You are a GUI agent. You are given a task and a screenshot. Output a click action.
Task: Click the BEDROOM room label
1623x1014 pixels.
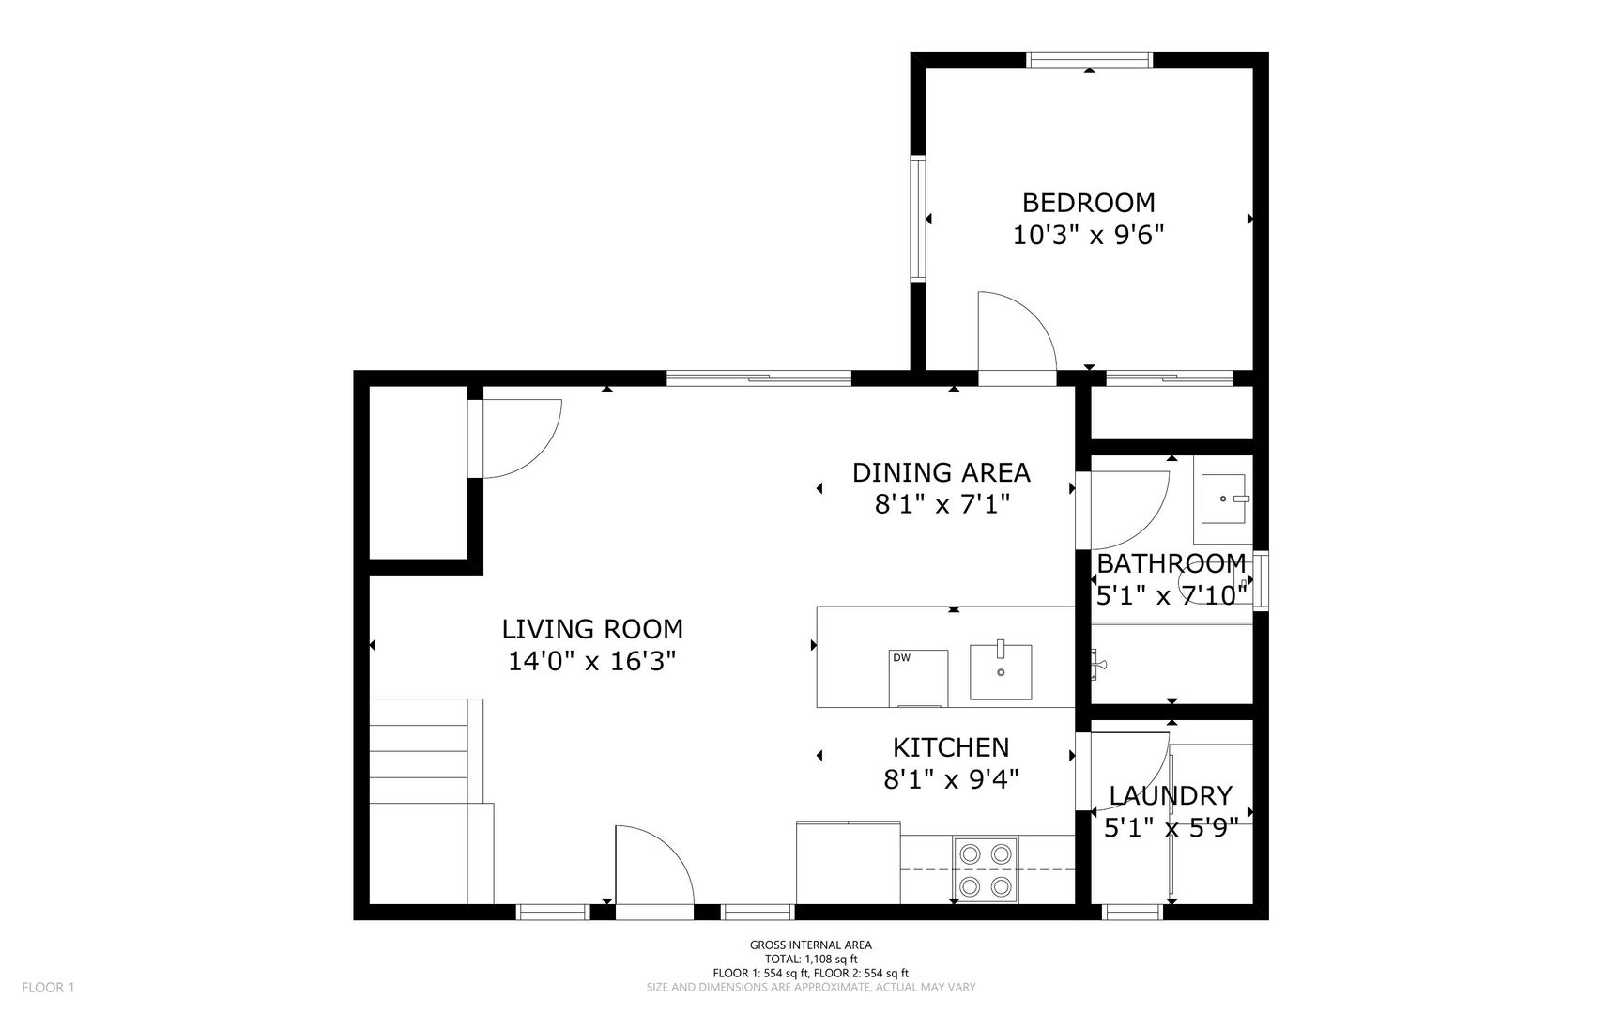[1088, 203]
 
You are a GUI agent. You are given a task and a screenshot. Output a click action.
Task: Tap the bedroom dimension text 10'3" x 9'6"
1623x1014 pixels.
[1088, 235]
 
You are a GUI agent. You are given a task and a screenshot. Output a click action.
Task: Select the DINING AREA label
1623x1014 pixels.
[942, 472]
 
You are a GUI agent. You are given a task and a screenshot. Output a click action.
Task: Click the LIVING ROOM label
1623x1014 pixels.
[592, 629]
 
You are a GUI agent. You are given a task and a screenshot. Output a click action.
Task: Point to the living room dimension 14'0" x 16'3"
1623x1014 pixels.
[592, 662]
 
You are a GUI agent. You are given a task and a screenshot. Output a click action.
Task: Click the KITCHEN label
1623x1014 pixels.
[951, 747]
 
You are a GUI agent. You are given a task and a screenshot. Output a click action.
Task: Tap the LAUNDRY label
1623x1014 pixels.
[1171, 796]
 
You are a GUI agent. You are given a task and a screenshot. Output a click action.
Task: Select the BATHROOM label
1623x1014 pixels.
[1171, 563]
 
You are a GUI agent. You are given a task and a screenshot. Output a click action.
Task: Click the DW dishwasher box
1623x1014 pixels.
[918, 677]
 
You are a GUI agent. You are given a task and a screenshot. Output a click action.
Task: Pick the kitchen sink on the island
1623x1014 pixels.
[1001, 670]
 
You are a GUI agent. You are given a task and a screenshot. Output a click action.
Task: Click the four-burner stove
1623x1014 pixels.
[987, 869]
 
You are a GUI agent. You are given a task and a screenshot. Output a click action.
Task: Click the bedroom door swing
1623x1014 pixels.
[1018, 331]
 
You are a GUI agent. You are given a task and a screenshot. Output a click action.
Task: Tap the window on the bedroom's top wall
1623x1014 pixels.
[1089, 59]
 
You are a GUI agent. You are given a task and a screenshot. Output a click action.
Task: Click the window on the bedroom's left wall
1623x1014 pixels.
[918, 218]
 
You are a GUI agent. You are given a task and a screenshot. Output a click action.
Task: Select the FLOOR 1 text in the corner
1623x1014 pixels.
[48, 987]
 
